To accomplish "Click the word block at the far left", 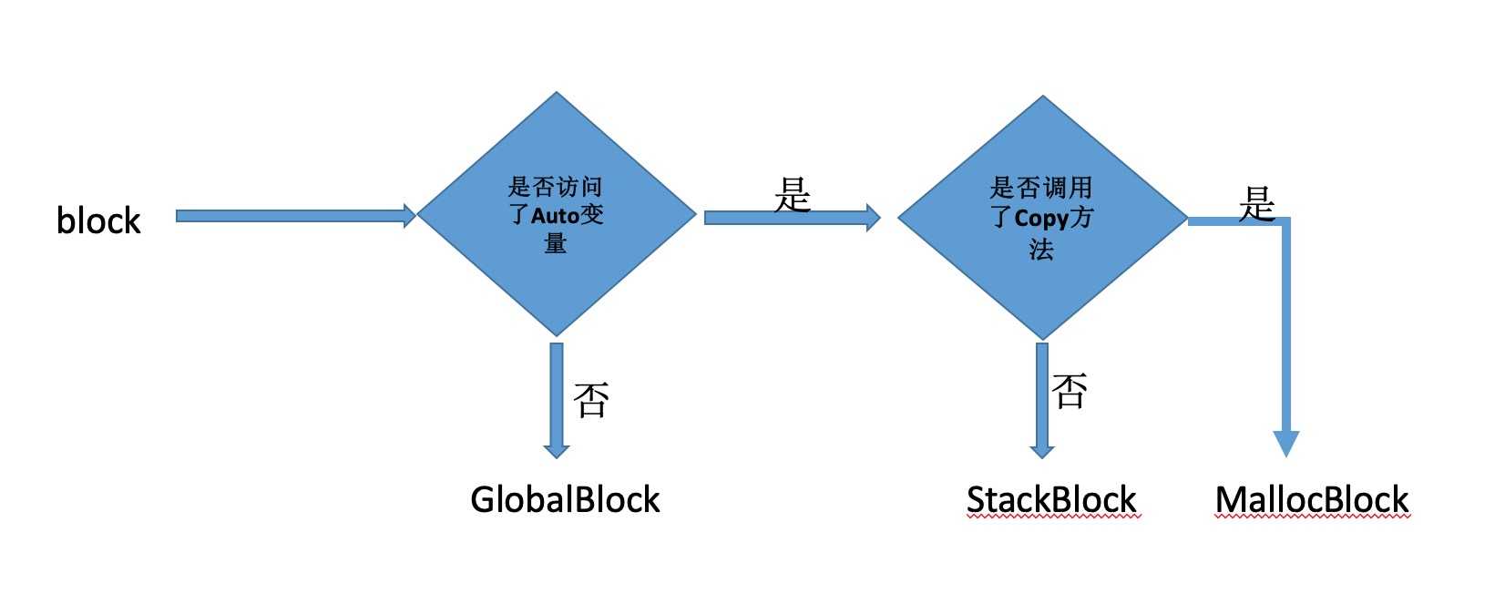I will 98,220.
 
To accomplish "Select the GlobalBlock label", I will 565,499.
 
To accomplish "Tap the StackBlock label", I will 1051,500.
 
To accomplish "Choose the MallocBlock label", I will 1312,500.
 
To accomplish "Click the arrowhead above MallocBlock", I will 1285,443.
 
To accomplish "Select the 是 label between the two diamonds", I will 793,194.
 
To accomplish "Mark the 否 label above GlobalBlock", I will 591,399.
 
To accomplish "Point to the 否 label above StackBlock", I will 1070,390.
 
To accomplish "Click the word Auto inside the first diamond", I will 556,216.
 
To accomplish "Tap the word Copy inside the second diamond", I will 1040,219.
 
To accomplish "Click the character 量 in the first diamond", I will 556,243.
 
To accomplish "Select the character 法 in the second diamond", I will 1041,249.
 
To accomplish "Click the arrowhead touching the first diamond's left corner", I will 409,216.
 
